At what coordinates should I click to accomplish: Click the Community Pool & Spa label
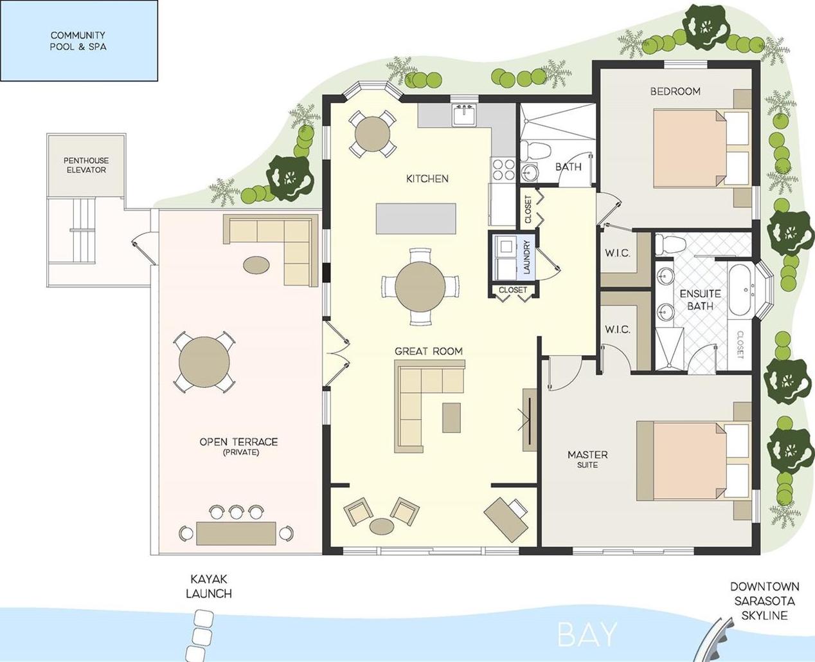(x=78, y=41)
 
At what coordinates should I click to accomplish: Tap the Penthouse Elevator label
(x=86, y=165)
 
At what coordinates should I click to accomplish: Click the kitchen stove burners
(x=503, y=170)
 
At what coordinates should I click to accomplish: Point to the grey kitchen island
(x=416, y=219)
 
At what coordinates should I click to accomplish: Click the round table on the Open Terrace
(x=204, y=362)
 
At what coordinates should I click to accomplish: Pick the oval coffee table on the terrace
(x=256, y=265)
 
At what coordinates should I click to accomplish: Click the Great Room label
(x=429, y=351)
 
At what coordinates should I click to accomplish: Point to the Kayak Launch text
(x=209, y=587)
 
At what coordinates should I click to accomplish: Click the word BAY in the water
(x=587, y=634)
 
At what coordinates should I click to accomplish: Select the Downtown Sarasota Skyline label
(x=764, y=601)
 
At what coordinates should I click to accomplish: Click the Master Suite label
(x=587, y=459)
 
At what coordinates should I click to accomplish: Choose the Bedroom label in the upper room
(x=676, y=91)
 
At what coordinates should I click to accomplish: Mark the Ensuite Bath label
(x=700, y=300)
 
